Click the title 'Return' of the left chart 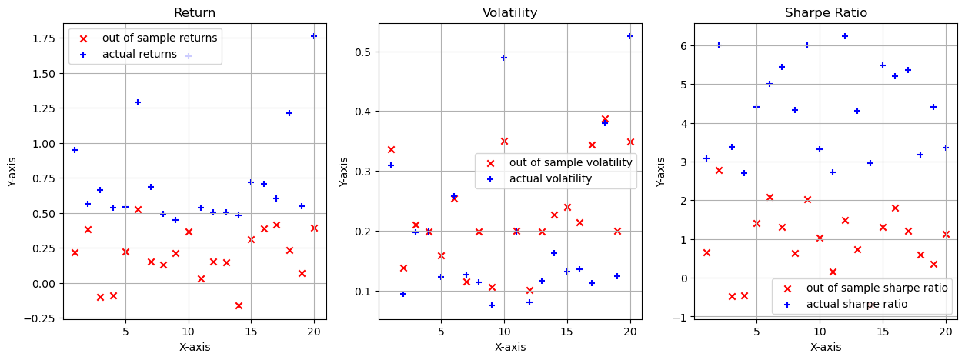194,12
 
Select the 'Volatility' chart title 509,12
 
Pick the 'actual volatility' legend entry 550,178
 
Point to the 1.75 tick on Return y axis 48,38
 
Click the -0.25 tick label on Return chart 45,318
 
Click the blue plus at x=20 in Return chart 314,36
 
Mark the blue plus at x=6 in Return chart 138,102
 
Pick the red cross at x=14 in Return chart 239,305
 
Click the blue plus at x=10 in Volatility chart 504,58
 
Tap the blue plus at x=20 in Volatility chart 630,36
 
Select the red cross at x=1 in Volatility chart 391,149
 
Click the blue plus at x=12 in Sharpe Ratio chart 845,36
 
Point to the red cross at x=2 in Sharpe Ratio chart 719,170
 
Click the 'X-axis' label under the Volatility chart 509,347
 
